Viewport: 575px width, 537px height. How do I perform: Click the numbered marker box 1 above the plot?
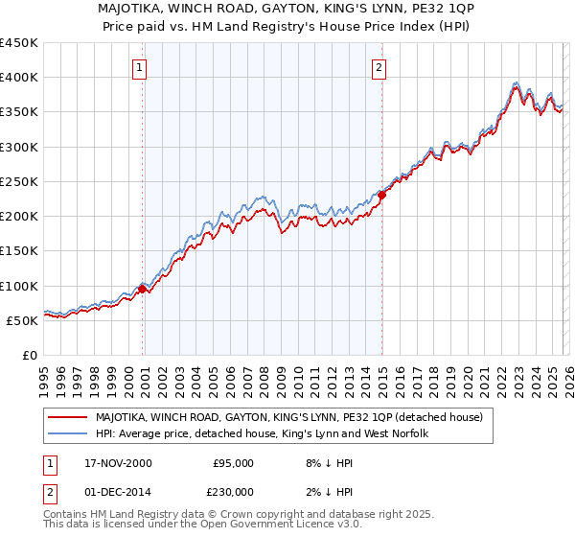tap(140, 67)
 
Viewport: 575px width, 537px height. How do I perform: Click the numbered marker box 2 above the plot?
tap(379, 67)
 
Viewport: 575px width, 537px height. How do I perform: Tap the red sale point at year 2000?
tap(143, 288)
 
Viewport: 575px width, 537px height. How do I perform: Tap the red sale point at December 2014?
tap(381, 195)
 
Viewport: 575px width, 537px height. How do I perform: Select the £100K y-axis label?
tap(21, 286)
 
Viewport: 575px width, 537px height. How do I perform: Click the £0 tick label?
tap(31, 355)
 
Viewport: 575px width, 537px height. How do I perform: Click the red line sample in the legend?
tap(68, 417)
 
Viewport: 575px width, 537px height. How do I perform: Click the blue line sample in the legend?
tap(68, 434)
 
